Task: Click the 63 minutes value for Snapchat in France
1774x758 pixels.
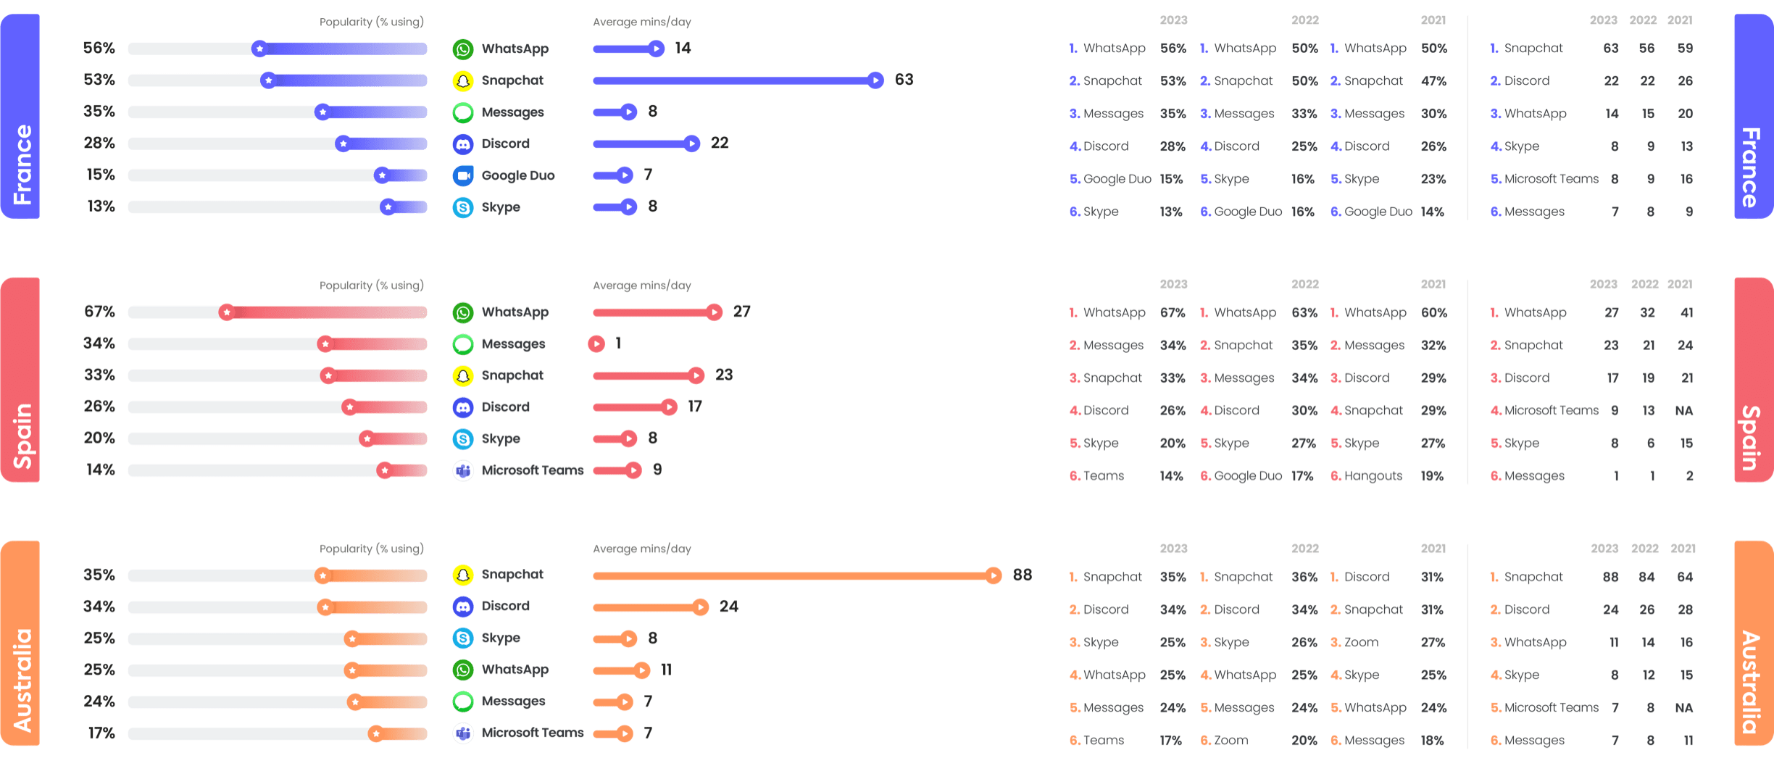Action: (x=904, y=80)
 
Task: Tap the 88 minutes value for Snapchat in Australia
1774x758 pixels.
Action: (x=1022, y=575)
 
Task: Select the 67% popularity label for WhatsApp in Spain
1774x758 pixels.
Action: (x=99, y=312)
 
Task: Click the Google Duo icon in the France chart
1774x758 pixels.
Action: (x=463, y=175)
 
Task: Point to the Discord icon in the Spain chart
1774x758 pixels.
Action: (x=463, y=407)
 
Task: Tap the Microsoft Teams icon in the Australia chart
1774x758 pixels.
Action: (x=463, y=733)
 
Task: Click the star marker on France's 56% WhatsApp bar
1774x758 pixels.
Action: (x=259, y=49)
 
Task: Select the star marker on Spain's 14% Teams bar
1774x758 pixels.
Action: (x=384, y=471)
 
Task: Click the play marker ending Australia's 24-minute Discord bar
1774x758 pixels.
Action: (x=700, y=607)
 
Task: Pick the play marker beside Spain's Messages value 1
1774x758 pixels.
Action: (x=596, y=343)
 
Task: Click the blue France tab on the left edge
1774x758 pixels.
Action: (x=20, y=116)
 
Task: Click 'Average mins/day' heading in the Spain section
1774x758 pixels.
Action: (x=641, y=286)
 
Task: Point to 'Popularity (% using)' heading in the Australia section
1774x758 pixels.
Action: (x=372, y=549)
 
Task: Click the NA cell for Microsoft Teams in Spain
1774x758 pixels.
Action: (x=1683, y=411)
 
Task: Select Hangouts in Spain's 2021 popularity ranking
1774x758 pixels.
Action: (x=1373, y=476)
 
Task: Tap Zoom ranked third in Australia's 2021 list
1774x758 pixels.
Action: (x=1361, y=643)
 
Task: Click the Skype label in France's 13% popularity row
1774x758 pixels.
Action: (x=501, y=207)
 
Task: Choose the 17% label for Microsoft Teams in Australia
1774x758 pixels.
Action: (x=101, y=733)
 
